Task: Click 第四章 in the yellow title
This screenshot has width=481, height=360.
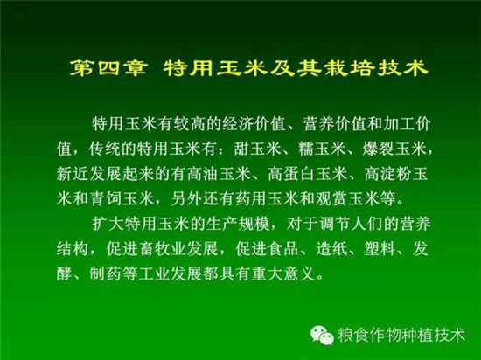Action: tap(108, 68)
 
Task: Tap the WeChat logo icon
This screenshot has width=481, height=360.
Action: tap(322, 335)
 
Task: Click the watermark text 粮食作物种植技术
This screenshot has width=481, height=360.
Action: tap(401, 335)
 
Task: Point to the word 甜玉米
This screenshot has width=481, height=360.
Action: tap(258, 149)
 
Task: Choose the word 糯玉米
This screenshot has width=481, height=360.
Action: tap(322, 149)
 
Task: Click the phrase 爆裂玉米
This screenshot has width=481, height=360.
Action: tap(394, 149)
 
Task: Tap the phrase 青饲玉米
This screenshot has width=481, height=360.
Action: tap(122, 199)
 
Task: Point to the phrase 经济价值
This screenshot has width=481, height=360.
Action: tap(254, 124)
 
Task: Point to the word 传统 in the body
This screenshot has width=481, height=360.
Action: tap(105, 149)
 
